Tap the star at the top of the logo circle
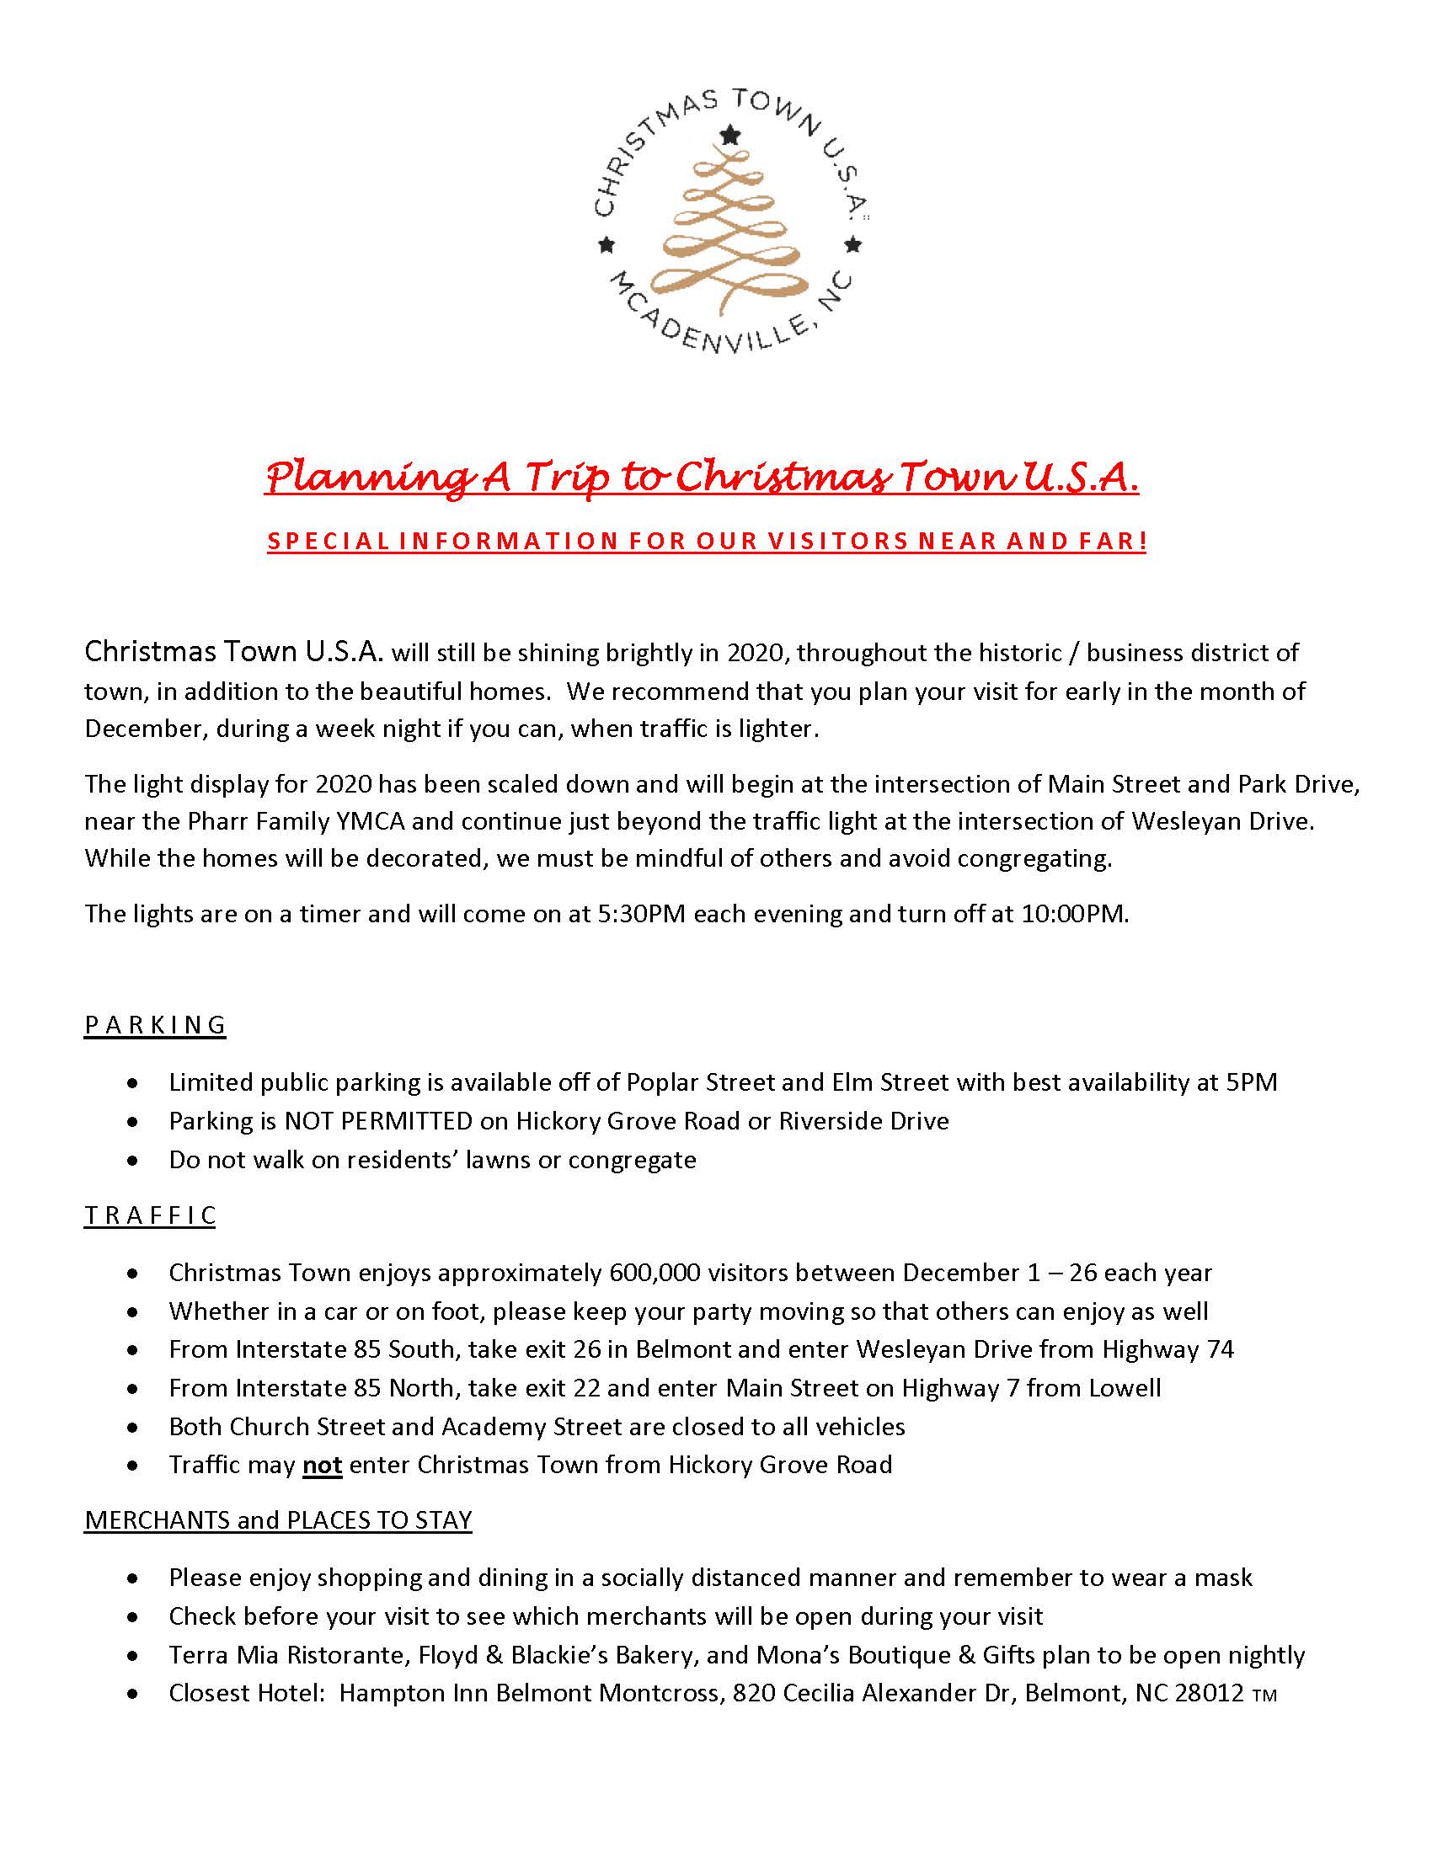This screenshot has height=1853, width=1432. pyautogui.click(x=729, y=134)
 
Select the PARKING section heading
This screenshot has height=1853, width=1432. pyautogui.click(x=155, y=1025)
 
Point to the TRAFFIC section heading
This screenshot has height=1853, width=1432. pyautogui.click(x=150, y=1215)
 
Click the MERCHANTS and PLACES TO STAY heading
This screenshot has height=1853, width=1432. pyautogui.click(x=278, y=1519)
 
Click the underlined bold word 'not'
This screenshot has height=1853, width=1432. pyautogui.click(x=322, y=1465)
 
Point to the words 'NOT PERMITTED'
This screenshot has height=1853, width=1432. pyautogui.click(x=377, y=1121)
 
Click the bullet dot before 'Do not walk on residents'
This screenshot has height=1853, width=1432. pyautogui.click(x=131, y=1160)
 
